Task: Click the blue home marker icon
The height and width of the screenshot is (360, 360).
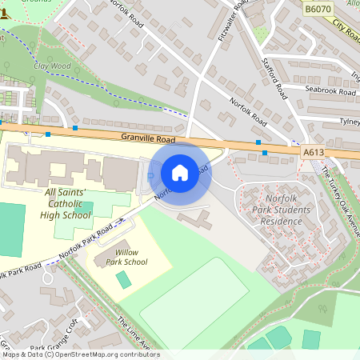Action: [x=180, y=173]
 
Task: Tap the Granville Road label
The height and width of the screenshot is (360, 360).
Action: [x=149, y=138]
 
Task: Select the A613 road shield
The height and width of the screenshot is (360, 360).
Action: [x=314, y=151]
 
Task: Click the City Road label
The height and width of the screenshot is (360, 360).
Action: [x=346, y=32]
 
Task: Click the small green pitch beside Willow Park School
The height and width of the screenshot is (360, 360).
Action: [x=124, y=280]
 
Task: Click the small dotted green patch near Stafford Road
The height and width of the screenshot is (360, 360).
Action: [x=261, y=34]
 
